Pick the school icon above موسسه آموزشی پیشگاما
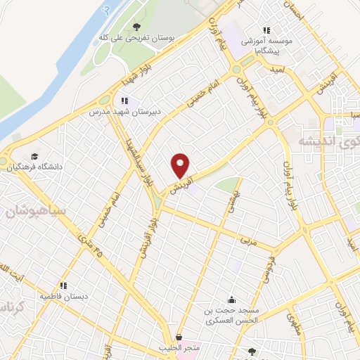266,30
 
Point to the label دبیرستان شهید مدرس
120,112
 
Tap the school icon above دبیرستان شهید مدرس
126,100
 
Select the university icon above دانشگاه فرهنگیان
34,156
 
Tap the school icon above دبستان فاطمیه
63,285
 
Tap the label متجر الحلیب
179,348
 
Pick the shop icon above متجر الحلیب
180,337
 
